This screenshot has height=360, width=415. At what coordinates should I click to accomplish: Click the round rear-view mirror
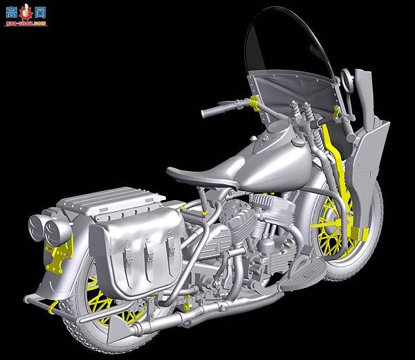coord(363,83)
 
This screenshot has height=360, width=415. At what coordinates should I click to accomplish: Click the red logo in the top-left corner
coord(24,12)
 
